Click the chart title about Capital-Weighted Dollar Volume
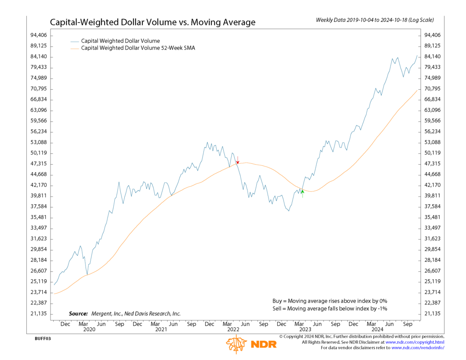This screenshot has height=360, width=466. [152, 22]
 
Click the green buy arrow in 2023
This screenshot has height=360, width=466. [303, 194]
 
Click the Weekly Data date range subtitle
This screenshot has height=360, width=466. [375, 20]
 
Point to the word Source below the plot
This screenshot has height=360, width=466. [78, 314]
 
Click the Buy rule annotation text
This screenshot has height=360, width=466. [329, 301]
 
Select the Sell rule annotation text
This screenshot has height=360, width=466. [329, 309]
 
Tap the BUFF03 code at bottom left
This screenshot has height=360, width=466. [43, 339]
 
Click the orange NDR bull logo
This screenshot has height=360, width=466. [237, 345]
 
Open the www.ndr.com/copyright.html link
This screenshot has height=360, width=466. [415, 342]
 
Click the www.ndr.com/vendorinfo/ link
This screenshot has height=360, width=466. [418, 348]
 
